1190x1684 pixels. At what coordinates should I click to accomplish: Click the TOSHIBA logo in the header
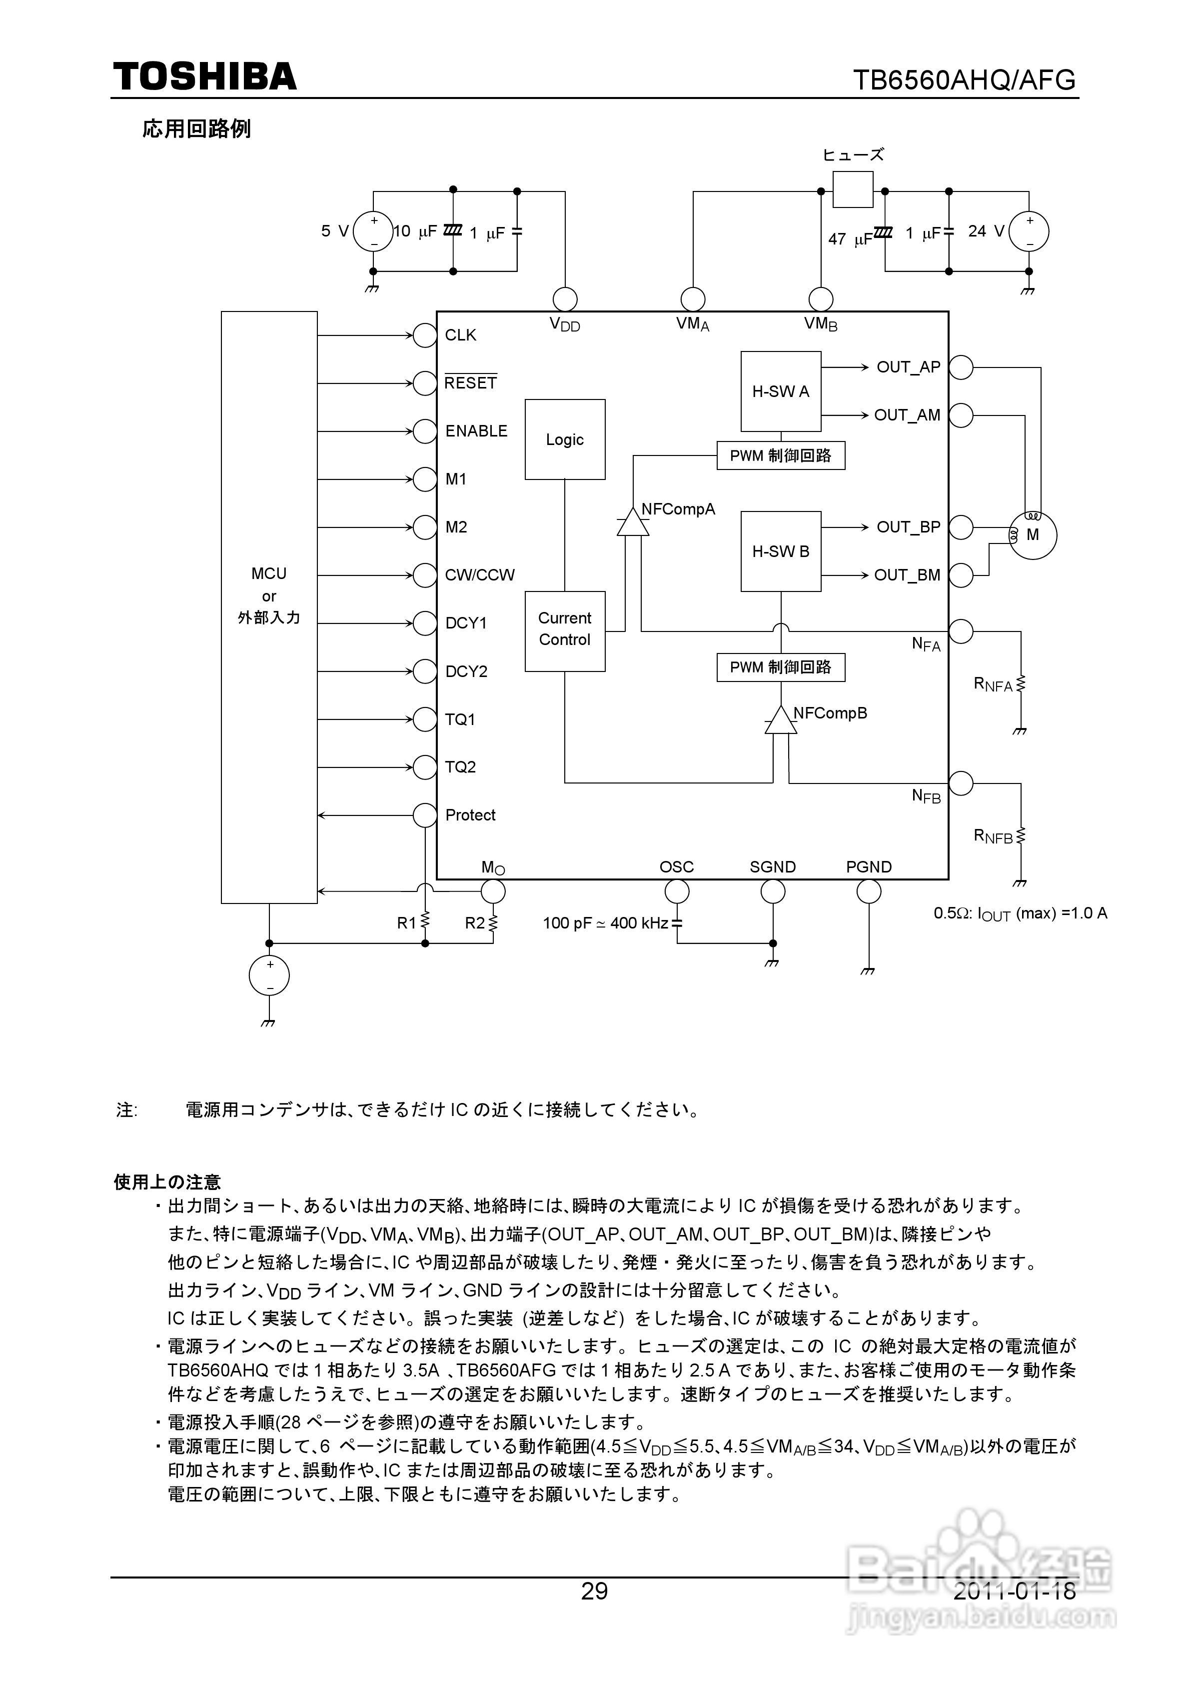[204, 76]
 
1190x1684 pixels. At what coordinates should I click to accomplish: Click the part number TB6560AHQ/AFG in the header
[964, 79]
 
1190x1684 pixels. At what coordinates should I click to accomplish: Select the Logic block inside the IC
[565, 439]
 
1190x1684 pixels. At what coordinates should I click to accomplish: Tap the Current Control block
[565, 630]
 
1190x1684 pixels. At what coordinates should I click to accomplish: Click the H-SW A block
[780, 391]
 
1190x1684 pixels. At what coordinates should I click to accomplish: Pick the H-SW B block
[780, 551]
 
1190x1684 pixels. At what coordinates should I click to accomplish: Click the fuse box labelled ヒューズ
[853, 190]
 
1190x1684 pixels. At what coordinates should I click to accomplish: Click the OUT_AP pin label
[908, 366]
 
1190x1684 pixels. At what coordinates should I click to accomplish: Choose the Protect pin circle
[424, 815]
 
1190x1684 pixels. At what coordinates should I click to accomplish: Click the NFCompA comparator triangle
[633, 522]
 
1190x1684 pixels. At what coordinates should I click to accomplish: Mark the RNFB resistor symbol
[1021, 835]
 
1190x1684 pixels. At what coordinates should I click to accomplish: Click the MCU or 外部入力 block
[269, 606]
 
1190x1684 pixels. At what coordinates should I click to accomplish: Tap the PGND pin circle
[868, 892]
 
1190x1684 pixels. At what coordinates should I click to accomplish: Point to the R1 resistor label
[406, 922]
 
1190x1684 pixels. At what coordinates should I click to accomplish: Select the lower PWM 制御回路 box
[780, 666]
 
